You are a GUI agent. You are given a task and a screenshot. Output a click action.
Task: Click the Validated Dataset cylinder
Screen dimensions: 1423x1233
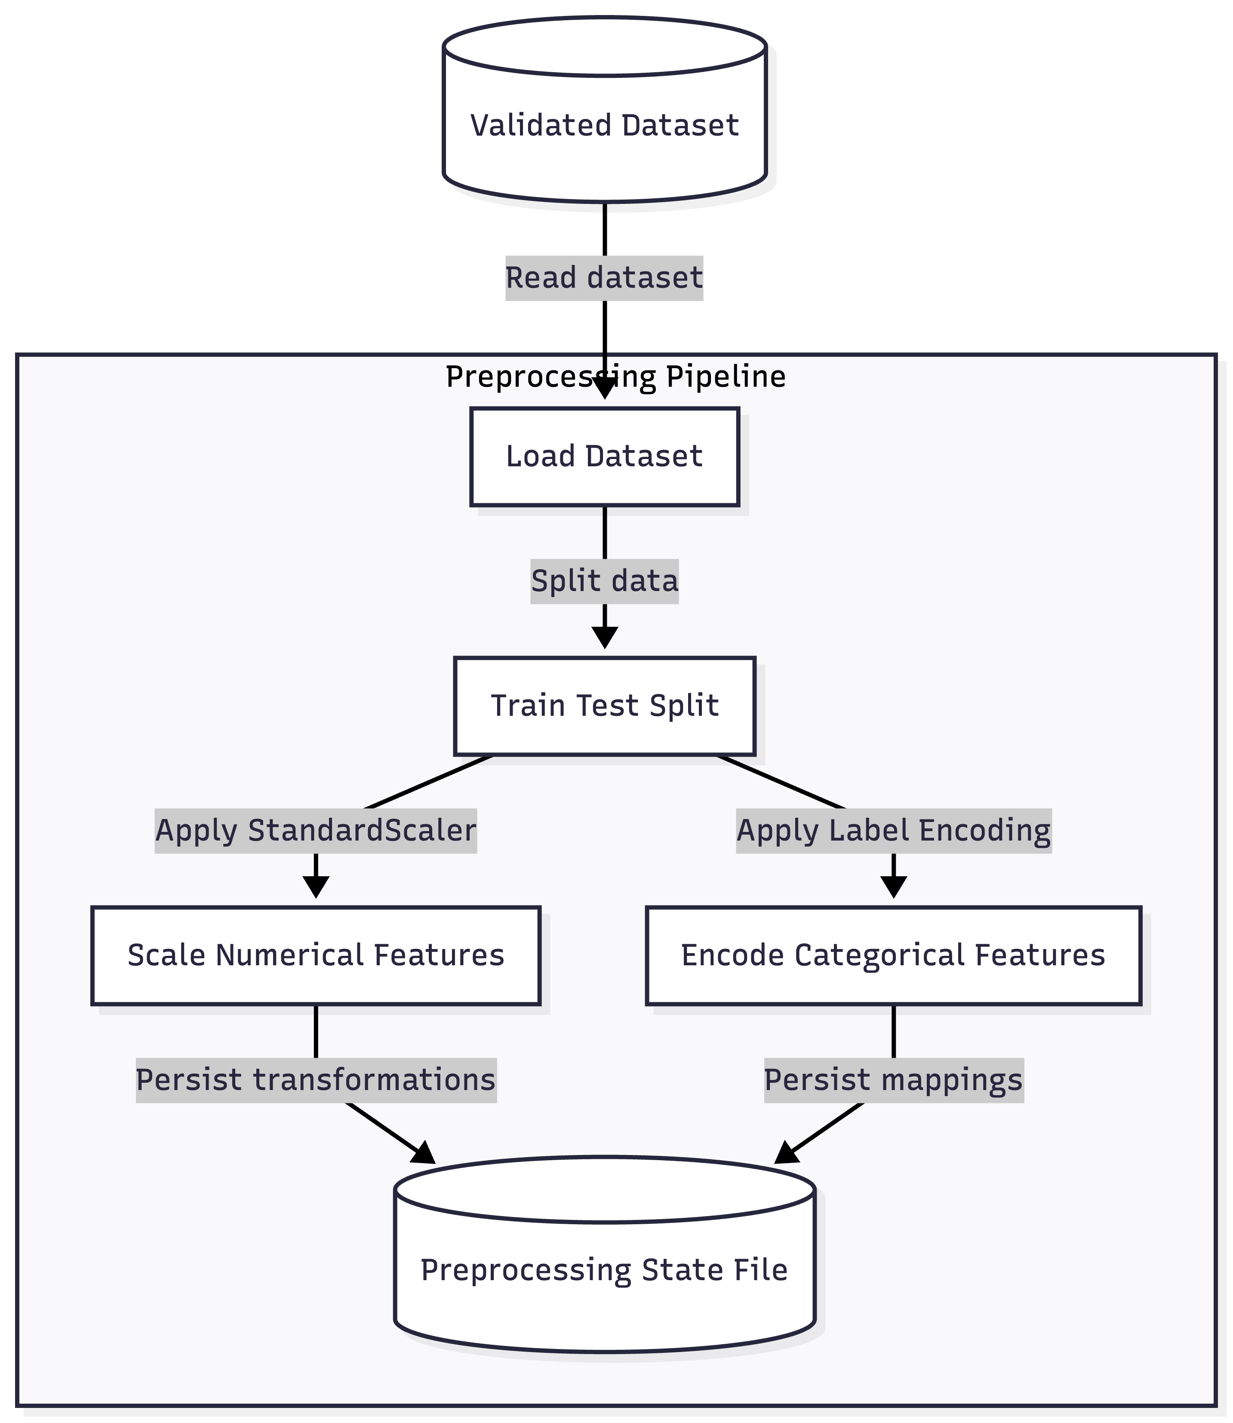point(604,125)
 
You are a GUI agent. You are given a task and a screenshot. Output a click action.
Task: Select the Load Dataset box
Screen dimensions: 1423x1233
point(604,457)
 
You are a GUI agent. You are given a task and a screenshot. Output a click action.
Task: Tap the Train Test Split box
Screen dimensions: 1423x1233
point(604,706)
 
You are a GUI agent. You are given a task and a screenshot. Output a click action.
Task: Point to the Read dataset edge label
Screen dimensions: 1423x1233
point(604,278)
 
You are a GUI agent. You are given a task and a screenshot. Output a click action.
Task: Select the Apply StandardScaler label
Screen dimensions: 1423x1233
point(316,831)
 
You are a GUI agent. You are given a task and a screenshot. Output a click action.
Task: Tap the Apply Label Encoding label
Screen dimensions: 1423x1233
point(893,831)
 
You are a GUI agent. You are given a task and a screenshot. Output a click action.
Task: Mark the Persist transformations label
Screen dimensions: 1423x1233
point(316,1080)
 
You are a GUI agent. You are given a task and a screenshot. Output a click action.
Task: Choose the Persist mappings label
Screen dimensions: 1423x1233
point(893,1080)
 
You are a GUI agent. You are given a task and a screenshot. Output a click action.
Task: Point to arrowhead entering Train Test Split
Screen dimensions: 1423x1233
point(604,638)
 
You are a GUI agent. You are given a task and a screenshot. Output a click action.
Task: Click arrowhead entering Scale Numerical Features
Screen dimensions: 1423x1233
point(316,888)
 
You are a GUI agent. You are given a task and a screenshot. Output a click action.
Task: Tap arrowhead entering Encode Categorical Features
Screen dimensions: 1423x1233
point(893,888)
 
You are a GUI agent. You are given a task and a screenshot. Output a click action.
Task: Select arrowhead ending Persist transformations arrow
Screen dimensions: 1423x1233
point(424,1154)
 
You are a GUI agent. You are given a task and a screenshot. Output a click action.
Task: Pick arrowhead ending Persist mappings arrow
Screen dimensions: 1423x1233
point(786,1154)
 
